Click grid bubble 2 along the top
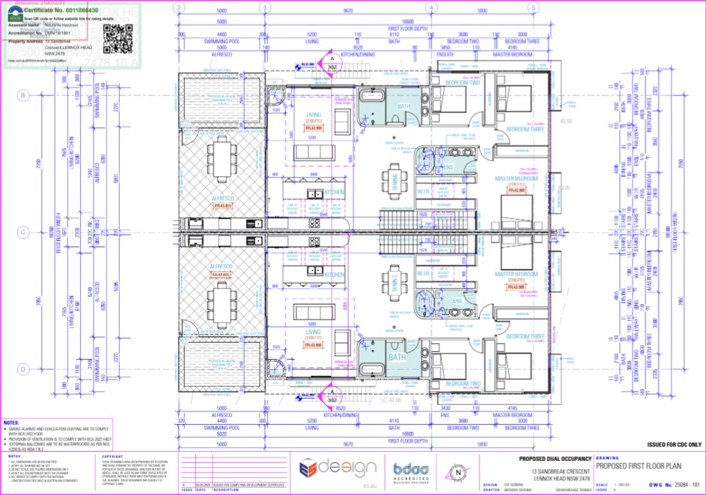[178, 7]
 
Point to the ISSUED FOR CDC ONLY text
[674, 444]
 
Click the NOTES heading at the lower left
[11, 423]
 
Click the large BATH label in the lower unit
[396, 358]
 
